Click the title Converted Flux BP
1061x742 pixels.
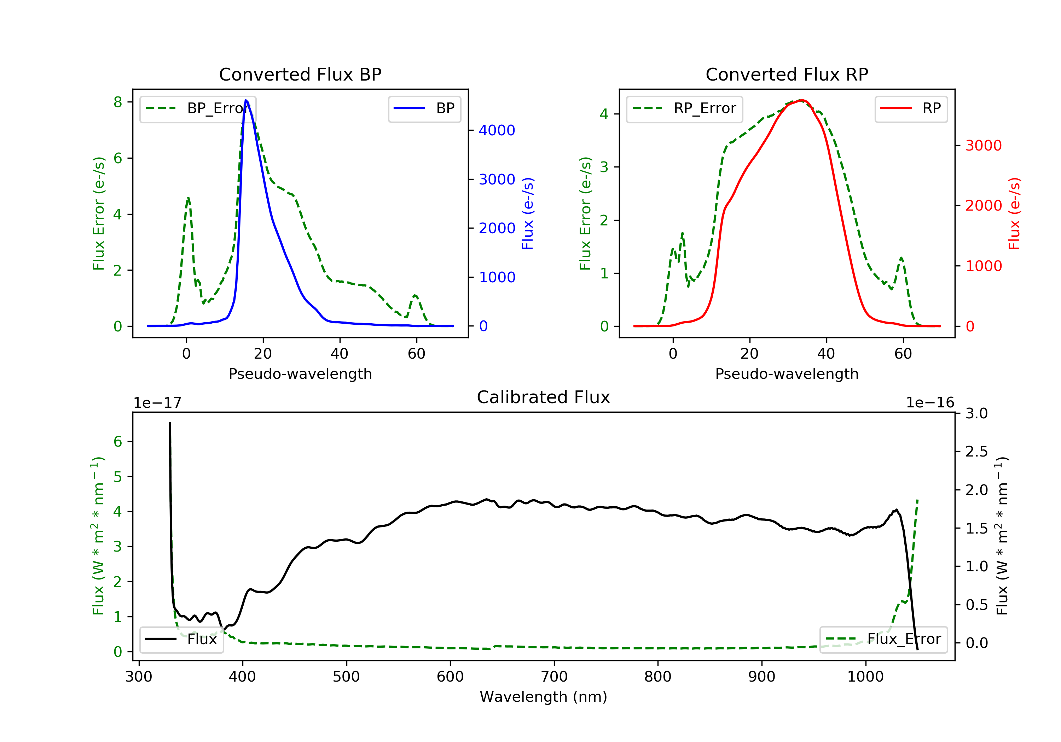tap(300, 74)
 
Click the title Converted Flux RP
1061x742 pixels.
tap(787, 74)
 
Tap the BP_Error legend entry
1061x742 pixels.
tap(198, 108)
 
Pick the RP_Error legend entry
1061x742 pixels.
tap(684, 108)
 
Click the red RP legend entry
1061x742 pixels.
tap(911, 108)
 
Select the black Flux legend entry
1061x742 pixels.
tap(182, 639)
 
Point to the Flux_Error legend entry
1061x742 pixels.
tap(883, 639)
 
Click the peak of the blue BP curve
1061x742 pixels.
tap(246, 100)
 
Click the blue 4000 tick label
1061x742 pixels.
tap(497, 131)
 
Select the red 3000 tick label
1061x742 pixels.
tap(983, 146)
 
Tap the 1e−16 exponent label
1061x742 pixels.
tap(930, 403)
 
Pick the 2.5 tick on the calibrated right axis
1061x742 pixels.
tap(976, 452)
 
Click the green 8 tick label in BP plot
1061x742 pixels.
tap(118, 102)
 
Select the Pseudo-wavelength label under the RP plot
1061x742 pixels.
tap(787, 373)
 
